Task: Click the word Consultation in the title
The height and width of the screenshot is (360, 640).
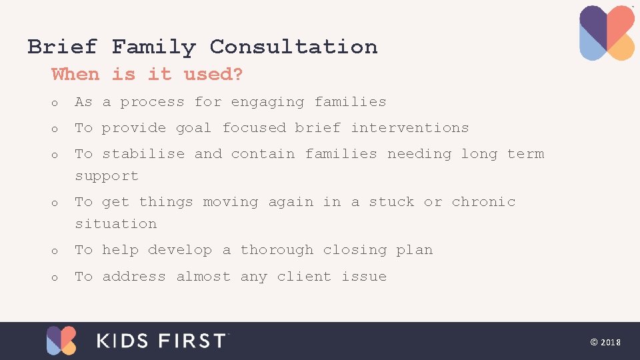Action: pos(293,47)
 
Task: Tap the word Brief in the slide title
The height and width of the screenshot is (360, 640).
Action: pos(62,47)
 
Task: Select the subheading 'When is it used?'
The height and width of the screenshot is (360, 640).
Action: pos(147,74)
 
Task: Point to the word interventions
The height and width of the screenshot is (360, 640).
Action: pos(410,127)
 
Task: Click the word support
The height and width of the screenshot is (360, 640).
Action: pos(107,177)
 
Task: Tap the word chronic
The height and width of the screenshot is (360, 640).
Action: pos(483,201)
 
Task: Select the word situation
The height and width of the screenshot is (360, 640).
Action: pos(115,224)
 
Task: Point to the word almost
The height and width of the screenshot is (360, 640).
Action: pos(203,277)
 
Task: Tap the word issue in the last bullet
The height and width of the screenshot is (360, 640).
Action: pos(364,277)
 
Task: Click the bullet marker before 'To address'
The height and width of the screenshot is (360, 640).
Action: pos(55,277)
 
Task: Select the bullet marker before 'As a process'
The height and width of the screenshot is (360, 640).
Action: pos(55,103)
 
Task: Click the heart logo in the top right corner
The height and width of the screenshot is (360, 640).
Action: pos(607,33)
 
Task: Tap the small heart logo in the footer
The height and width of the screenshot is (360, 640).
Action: pos(61,341)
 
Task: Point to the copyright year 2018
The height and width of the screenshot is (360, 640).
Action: pos(610,342)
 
